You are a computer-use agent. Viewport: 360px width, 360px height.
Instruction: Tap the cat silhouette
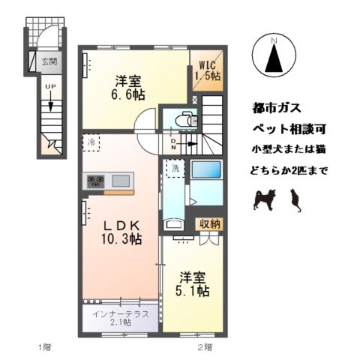(295, 200)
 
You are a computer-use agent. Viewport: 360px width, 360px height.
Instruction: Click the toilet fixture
(185, 118)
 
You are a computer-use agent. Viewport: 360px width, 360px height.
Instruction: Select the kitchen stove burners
(97, 181)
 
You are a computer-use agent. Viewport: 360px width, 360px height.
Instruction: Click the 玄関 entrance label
(49, 61)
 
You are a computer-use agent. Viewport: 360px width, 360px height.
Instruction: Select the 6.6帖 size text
(130, 95)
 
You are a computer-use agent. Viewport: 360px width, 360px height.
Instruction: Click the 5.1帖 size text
(193, 292)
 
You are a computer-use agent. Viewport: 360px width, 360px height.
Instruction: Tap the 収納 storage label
(209, 223)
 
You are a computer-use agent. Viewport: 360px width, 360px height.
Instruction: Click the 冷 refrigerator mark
(90, 142)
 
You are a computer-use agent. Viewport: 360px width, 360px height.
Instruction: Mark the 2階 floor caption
(205, 346)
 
